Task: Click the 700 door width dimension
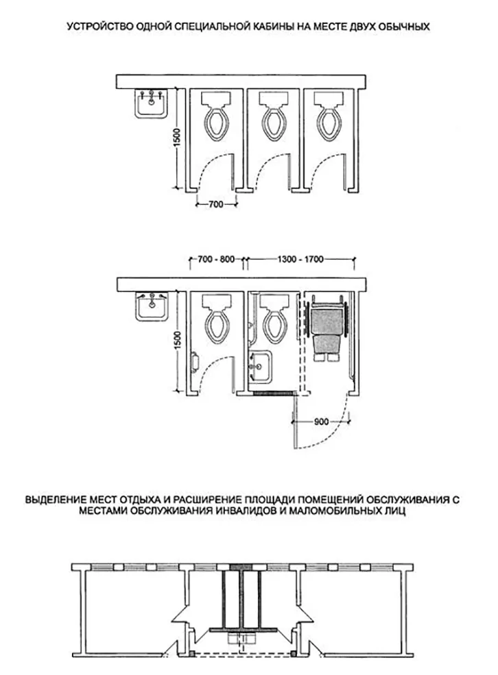216,204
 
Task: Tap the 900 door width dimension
322,421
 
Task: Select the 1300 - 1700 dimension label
300,259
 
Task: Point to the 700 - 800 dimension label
216,259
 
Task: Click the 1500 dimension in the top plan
178,137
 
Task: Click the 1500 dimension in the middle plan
178,340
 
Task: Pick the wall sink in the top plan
151,103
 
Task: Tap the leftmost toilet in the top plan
217,115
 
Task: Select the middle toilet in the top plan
274,115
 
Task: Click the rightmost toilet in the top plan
329,115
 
